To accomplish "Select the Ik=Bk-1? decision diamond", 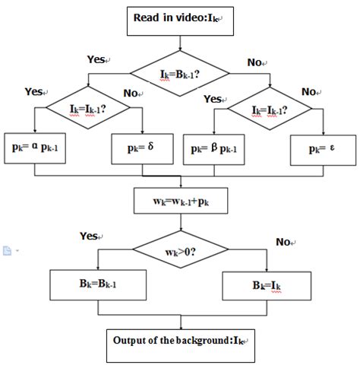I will coord(180,74).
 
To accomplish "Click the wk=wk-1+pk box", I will coord(180,203).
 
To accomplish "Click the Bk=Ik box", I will coord(267,287).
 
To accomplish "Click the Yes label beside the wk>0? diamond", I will coord(90,236).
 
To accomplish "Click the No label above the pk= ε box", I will coord(309,91).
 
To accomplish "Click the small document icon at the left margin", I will coord(6,249).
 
